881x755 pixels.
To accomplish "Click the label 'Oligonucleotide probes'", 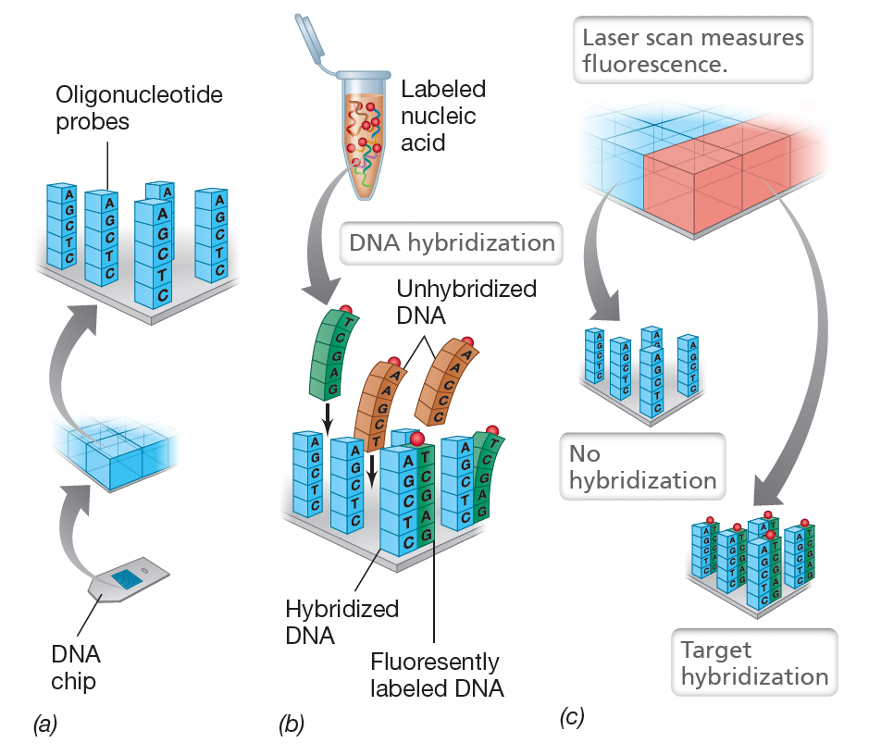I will (x=139, y=108).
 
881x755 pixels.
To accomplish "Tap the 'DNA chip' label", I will (x=75, y=668).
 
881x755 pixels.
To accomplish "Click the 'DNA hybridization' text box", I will (x=451, y=243).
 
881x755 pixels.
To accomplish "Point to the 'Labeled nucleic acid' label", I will (x=442, y=116).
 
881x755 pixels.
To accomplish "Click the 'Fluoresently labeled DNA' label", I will (x=434, y=675).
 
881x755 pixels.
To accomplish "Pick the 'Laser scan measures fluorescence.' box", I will (x=692, y=51).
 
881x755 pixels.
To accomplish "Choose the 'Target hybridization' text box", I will (x=753, y=662).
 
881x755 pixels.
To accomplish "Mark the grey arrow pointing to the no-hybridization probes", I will (x=606, y=268).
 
